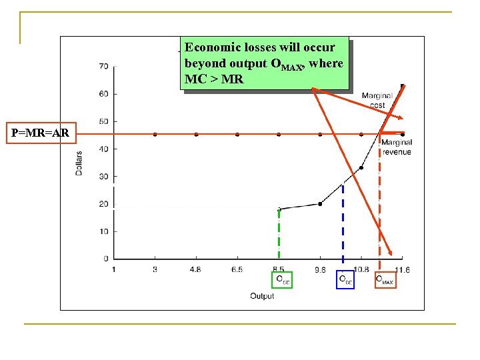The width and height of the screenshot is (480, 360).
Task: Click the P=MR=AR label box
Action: (x=40, y=133)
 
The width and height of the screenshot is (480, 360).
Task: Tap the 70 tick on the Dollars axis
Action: (x=104, y=66)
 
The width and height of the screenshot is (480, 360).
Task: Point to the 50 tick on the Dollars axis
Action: (x=104, y=121)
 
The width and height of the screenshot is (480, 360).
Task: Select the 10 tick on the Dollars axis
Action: (x=104, y=231)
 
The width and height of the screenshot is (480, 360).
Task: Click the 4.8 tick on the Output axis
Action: (x=196, y=269)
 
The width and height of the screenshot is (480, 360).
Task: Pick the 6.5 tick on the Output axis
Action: (x=237, y=269)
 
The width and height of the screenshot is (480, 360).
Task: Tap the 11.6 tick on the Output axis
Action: (x=402, y=269)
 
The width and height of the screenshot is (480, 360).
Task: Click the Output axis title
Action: (x=262, y=296)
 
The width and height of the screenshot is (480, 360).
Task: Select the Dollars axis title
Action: (x=79, y=163)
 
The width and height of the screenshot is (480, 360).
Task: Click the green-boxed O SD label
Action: (x=282, y=279)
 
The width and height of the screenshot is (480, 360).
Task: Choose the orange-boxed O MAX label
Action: (x=385, y=279)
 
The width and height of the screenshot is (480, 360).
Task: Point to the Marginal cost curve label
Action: (x=377, y=100)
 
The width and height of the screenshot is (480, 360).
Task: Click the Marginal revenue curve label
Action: (x=397, y=147)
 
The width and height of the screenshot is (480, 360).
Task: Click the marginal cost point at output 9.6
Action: (x=320, y=204)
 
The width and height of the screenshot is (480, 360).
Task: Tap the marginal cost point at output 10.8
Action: (x=361, y=167)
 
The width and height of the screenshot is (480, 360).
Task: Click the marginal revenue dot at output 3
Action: (x=155, y=134)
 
